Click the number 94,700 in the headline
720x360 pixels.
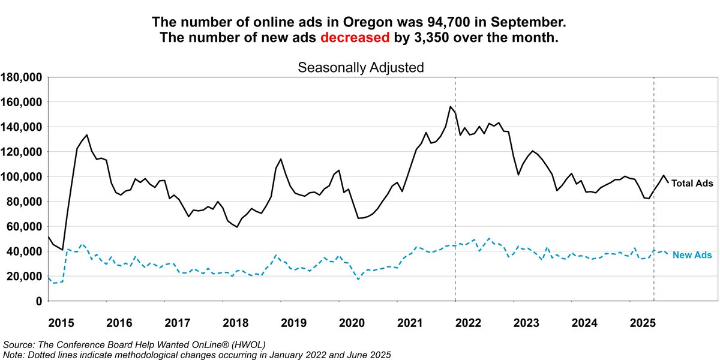pos(434,22)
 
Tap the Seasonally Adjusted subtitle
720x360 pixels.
pos(361,67)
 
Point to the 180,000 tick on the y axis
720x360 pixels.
pos(21,77)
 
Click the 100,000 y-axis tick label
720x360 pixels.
pos(21,177)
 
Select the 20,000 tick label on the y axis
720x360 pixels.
pos(24,277)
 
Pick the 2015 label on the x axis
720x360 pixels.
pos(61,323)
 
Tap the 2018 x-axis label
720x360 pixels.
pos(236,323)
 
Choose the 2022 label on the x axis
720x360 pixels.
pos(469,323)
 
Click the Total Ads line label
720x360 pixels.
pos(692,183)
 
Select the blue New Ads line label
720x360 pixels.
pos(692,256)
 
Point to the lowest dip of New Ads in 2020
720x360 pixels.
pos(358,279)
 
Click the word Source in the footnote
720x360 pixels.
pos(18,344)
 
